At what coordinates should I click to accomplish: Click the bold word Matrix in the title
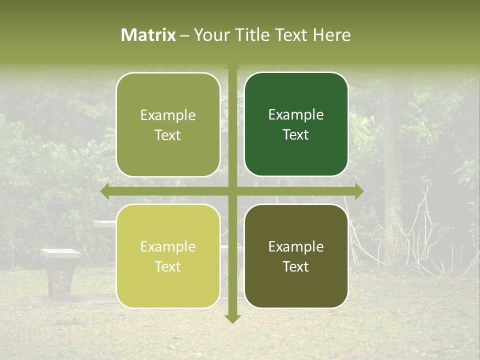point(148,35)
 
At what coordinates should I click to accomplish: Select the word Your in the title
point(209,35)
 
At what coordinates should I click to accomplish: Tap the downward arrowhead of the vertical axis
point(232,318)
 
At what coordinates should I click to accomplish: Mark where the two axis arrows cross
point(232,191)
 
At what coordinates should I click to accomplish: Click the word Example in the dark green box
point(296,114)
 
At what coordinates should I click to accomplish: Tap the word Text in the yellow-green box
point(168,266)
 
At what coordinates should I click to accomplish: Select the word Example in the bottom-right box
point(296,246)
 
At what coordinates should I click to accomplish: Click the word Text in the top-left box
point(168,135)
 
